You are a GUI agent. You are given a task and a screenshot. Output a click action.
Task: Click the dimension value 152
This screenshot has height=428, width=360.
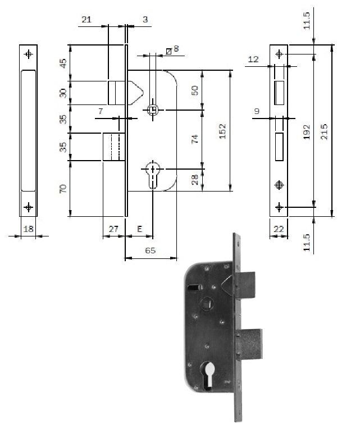pos(223,131)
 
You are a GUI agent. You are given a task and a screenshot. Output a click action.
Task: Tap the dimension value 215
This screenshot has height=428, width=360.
pos(324,131)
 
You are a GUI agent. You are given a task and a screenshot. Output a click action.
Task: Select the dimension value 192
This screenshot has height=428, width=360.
pos(307,132)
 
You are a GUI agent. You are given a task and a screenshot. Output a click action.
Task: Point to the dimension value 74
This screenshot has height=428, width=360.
pos(194,139)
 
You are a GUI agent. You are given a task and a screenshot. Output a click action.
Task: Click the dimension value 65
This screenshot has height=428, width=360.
pos(151,251)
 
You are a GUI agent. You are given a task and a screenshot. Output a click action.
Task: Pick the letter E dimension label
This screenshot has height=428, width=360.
pos(139,229)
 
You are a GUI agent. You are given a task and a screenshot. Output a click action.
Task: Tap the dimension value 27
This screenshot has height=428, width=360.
pos(113,229)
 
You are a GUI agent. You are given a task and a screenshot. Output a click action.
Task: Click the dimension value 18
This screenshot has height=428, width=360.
pos(29,229)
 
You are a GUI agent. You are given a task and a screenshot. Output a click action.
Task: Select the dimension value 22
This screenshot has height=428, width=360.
pos(279,229)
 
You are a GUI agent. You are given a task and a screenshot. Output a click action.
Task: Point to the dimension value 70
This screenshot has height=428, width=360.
pos(63,189)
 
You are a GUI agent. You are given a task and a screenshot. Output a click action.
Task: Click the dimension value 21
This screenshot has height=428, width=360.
pos(86,20)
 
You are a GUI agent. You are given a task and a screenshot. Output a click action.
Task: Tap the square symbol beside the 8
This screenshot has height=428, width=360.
pos(168,51)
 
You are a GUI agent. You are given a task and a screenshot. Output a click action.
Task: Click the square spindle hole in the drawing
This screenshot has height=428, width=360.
pos(152,110)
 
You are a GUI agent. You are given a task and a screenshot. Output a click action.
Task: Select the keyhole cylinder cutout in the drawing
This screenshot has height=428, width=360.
pos(153,175)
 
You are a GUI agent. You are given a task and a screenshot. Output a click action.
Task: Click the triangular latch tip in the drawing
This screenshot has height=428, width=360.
pos(136,93)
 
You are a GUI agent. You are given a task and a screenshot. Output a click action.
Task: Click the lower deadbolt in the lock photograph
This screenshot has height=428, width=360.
pos(249,344)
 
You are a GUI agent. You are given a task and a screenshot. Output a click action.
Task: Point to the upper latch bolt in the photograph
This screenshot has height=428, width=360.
pos(245,285)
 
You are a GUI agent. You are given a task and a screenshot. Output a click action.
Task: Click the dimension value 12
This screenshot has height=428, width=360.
pos(253,59)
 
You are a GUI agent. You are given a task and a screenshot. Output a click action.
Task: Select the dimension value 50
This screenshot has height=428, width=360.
pos(194,90)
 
